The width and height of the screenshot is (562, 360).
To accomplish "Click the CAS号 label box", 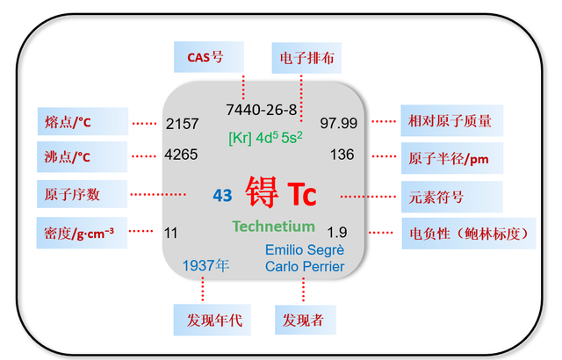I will tap(205, 58).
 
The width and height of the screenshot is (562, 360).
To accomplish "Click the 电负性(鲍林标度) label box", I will tap(462, 234).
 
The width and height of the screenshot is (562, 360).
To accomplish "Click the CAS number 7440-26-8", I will tap(262, 110).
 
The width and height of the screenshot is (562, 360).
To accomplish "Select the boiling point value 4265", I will tap(182, 155).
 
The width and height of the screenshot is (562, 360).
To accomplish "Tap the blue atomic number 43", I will tap(223, 195).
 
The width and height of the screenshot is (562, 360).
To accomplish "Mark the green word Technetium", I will tap(273, 227).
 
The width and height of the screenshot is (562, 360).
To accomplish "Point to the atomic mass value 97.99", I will tap(338, 123).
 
